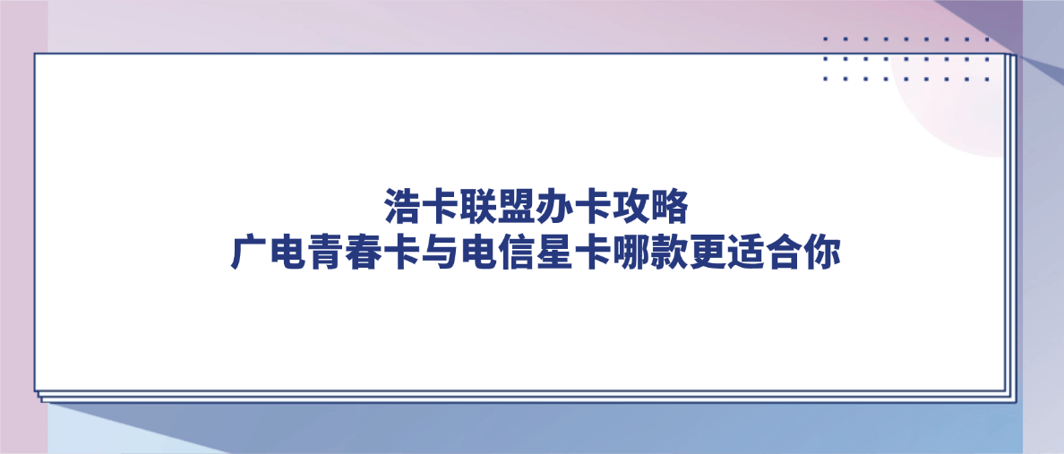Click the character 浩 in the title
click(x=402, y=207)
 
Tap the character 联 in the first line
click(x=479, y=207)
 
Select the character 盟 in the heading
click(x=517, y=207)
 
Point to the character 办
click(x=555, y=207)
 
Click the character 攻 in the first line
click(x=631, y=207)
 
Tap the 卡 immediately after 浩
click(x=441, y=207)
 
